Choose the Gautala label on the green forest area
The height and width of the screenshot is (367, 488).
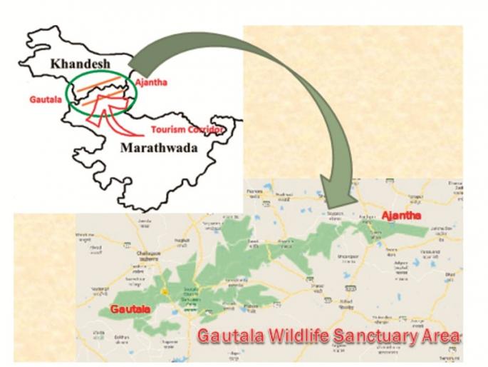tap(130, 309)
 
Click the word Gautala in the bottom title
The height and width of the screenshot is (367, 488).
tap(226, 336)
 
